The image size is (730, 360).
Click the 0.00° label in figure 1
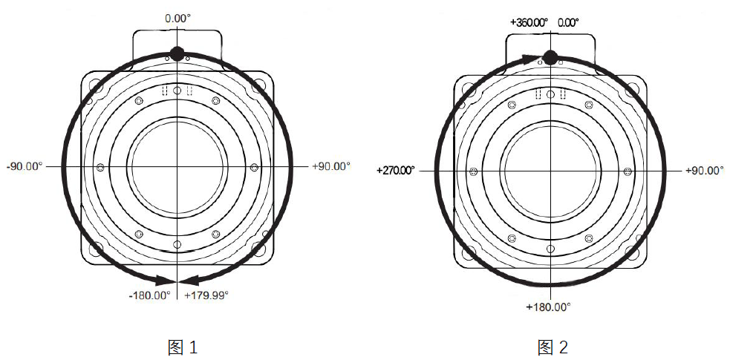coord(177,19)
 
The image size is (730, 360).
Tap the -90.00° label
coord(25,166)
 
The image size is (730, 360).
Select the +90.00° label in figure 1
coord(331,166)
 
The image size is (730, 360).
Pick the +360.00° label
coord(529,22)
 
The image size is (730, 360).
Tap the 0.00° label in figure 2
coord(568,22)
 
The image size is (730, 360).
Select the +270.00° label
coord(396,171)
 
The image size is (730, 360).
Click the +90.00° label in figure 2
coord(705,171)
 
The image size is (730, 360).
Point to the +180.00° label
coord(549,307)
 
